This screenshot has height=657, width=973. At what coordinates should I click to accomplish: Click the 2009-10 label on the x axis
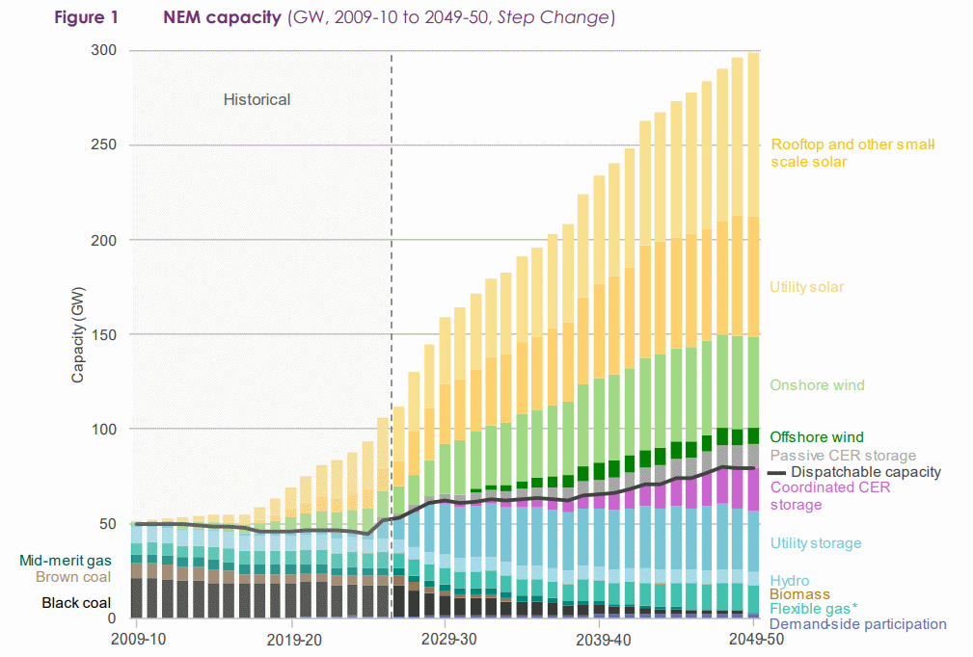(138, 639)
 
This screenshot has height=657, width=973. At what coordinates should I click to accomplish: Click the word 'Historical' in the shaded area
(257, 99)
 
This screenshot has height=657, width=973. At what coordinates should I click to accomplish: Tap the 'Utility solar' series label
(806, 287)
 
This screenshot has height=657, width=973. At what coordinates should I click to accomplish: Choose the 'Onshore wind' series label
(817, 385)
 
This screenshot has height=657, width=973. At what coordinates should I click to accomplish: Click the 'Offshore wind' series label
(816, 437)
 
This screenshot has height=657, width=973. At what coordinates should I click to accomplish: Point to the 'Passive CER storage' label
(843, 456)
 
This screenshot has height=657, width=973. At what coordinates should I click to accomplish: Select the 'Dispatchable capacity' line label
(865, 472)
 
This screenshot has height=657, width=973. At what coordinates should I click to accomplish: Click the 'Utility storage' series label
(815, 543)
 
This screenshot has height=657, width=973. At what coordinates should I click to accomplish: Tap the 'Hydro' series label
(789, 581)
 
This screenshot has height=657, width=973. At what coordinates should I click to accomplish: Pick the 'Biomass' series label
(799, 595)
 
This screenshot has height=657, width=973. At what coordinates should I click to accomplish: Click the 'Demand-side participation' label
(857, 624)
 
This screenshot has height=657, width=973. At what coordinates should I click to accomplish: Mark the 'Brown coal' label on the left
(73, 577)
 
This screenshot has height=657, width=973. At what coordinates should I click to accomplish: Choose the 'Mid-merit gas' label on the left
(65, 560)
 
